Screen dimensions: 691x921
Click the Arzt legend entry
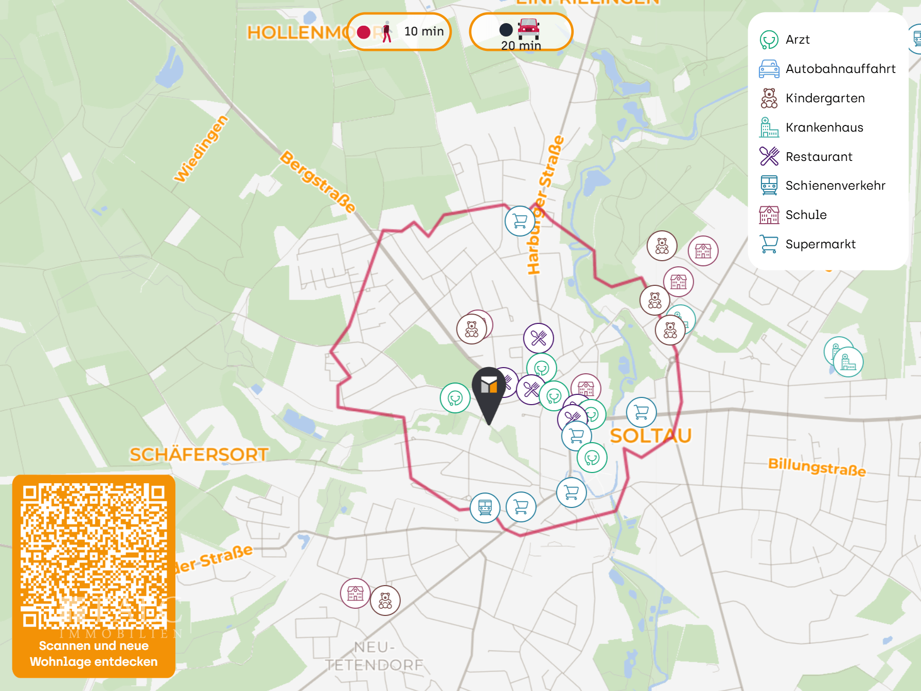click(798, 40)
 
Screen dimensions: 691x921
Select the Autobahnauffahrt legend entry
click(840, 69)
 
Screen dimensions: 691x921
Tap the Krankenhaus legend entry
click(824, 128)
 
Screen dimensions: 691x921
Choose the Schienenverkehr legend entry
click(835, 186)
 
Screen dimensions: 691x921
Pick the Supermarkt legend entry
click(820, 244)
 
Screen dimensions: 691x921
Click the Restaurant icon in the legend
click(769, 156)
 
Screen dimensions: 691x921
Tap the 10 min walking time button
click(399, 32)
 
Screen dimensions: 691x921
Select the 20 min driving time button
click(521, 32)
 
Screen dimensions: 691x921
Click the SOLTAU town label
click(650, 435)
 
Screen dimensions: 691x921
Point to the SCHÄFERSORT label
click(199, 454)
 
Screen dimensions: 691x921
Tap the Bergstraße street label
click(318, 181)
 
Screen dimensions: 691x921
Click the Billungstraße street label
click(817, 467)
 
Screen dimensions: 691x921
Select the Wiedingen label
click(201, 149)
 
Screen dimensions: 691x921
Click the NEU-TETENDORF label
click(374, 656)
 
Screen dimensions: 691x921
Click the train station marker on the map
click(485, 507)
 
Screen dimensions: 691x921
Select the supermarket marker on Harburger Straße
click(520, 221)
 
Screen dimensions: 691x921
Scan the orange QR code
click(94, 555)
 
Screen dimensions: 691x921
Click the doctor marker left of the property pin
click(455, 398)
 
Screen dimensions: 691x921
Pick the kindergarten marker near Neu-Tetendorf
click(385, 601)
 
